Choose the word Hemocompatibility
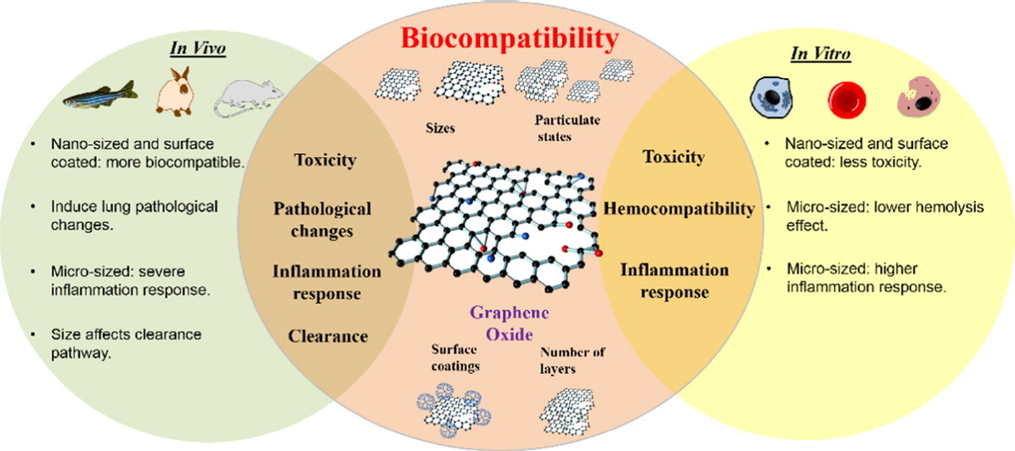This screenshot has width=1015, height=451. [679, 208]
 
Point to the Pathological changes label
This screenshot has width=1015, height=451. [322, 219]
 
